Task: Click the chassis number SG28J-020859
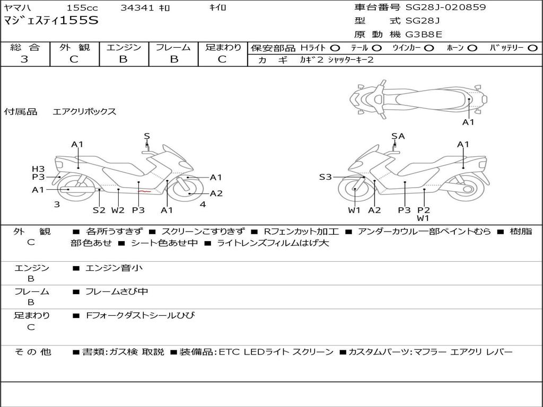click(x=445, y=7)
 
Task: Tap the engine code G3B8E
click(x=424, y=34)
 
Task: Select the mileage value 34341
click(x=137, y=8)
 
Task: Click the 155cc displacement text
click(x=82, y=8)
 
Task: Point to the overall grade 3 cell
click(x=24, y=59)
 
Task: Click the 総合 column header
click(x=24, y=48)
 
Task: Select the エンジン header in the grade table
click(x=124, y=48)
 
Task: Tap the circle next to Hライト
click(x=335, y=48)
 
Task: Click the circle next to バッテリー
click(x=532, y=48)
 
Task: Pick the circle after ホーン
click(x=472, y=48)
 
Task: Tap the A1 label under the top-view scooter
click(x=468, y=122)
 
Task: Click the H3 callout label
click(x=38, y=169)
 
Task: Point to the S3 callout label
click(x=325, y=177)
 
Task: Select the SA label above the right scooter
click(x=398, y=136)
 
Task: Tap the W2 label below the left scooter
click(x=118, y=210)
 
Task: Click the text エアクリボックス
click(x=84, y=112)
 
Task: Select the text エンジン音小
click(x=114, y=268)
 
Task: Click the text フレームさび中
click(x=117, y=291)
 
